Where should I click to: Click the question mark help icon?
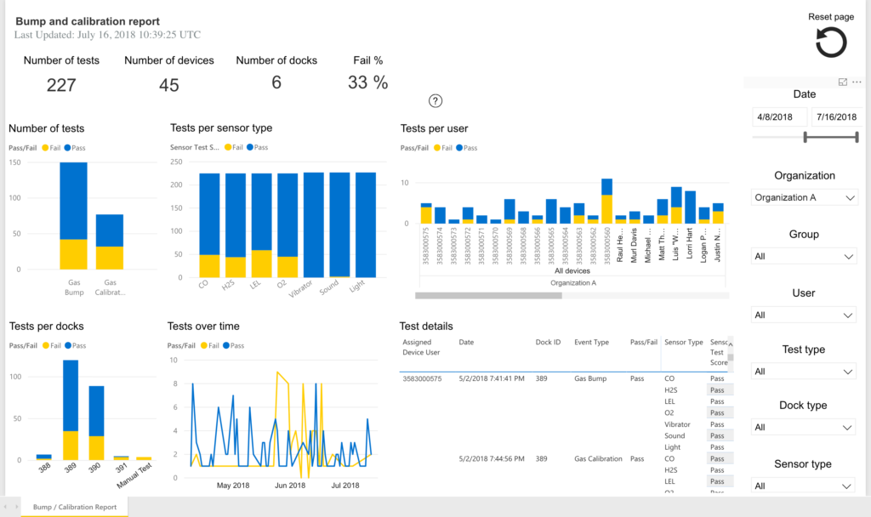(x=435, y=101)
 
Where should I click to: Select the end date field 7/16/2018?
(x=835, y=117)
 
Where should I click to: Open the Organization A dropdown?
(x=805, y=197)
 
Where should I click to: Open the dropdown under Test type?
(x=805, y=372)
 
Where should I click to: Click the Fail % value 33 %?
(x=367, y=82)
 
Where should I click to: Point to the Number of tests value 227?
(x=61, y=85)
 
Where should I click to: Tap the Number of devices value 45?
(x=169, y=85)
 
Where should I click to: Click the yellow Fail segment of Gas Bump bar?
(x=73, y=254)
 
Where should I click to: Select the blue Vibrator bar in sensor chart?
(x=314, y=224)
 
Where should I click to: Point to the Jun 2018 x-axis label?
(x=290, y=486)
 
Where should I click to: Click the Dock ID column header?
(x=547, y=343)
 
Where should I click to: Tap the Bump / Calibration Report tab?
(x=75, y=507)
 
